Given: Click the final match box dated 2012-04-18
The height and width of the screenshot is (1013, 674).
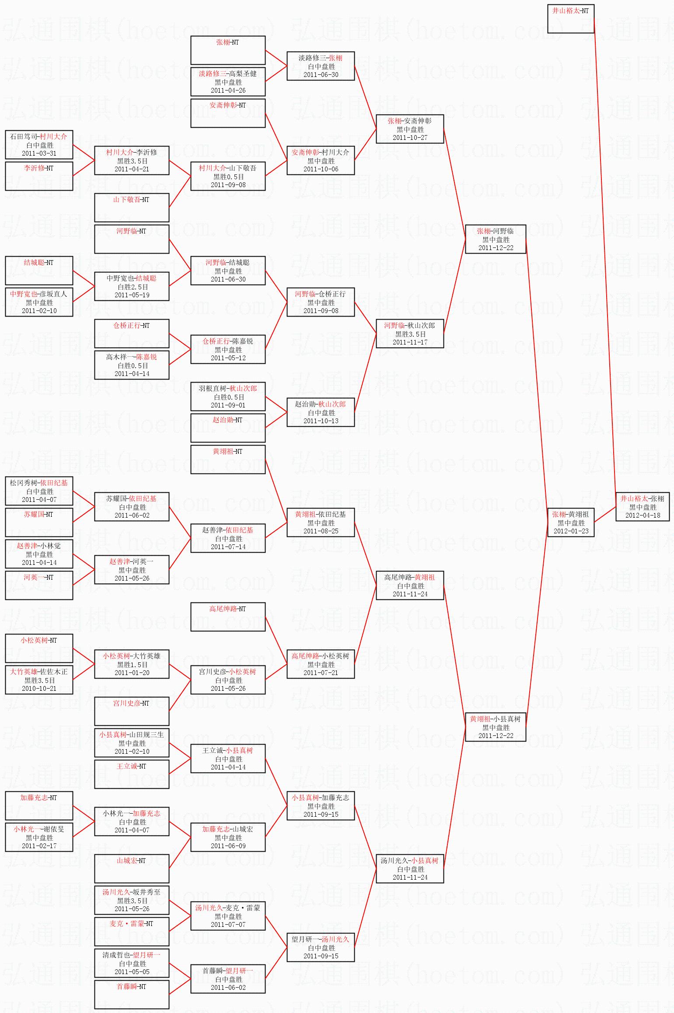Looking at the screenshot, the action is point(643,507).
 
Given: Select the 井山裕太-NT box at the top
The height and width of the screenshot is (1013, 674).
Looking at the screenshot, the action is point(570,18).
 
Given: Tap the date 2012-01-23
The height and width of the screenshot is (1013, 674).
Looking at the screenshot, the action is point(571,531).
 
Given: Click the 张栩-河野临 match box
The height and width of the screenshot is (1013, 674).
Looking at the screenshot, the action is point(495,239).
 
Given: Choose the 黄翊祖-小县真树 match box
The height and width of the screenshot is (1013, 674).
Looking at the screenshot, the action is point(495,727).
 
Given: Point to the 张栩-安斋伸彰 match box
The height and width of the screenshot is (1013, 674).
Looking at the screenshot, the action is point(410,129).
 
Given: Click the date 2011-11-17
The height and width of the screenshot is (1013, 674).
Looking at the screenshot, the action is point(410,342).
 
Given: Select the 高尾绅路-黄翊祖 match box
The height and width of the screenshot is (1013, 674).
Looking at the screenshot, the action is point(410,585).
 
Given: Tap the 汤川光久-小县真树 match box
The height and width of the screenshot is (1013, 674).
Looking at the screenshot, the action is point(410,869).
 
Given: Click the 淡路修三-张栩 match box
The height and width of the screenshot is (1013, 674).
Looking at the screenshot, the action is point(321,66).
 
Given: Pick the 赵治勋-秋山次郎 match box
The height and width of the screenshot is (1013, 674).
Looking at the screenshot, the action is point(321,412).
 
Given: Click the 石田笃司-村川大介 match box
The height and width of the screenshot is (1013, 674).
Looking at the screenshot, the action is point(39,145).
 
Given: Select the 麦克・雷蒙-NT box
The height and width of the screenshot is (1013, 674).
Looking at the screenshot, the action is point(132,931).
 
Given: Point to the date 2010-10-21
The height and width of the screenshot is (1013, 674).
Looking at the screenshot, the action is point(39,688).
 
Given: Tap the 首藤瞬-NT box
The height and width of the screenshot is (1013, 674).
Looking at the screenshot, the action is point(132,994).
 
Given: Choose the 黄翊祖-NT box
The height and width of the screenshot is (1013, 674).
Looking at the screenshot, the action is point(228,459).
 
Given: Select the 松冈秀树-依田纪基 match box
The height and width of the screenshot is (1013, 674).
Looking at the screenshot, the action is point(39,491).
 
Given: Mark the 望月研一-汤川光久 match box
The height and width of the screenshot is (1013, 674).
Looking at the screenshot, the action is point(321,947).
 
